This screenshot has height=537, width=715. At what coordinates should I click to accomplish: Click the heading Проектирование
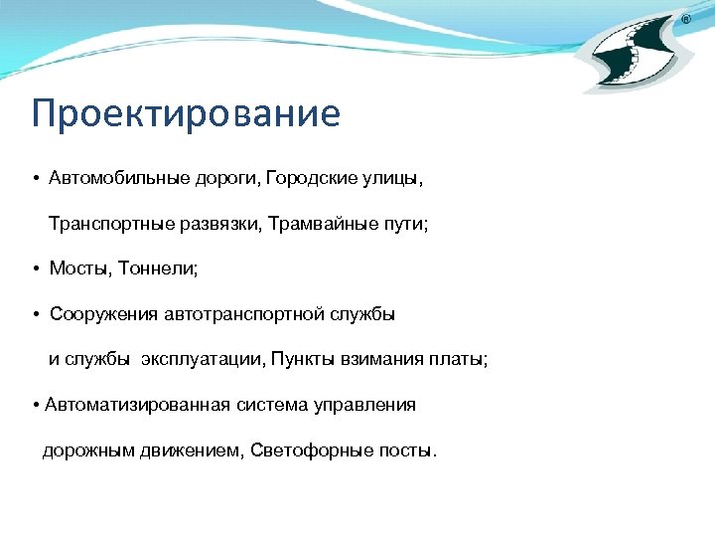coord(186,113)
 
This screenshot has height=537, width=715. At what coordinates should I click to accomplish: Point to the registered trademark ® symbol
coord(686,20)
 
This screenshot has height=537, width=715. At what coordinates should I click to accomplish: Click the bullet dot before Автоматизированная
coord(36,406)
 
